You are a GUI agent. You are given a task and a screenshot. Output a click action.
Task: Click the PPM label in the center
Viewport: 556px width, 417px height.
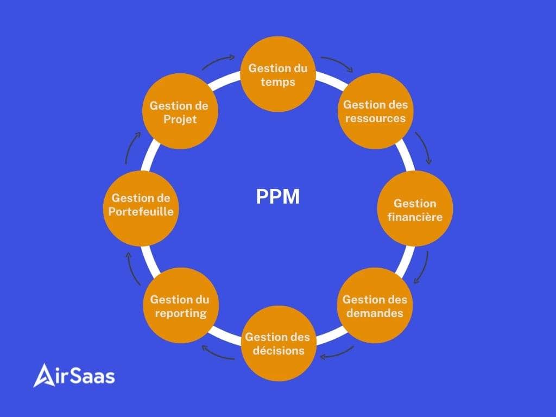click(x=277, y=197)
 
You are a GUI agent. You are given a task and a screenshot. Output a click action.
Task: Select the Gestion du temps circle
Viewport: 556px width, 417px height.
click(x=278, y=74)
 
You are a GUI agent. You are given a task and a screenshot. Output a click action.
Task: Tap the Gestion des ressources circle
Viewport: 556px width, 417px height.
click(x=376, y=111)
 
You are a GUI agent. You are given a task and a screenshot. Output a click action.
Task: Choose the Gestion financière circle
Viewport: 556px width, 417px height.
click(x=415, y=208)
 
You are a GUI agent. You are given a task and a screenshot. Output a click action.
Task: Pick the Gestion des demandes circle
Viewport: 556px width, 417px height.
click(x=375, y=305)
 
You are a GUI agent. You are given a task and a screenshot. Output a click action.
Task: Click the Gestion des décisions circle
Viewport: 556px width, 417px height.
click(x=279, y=343)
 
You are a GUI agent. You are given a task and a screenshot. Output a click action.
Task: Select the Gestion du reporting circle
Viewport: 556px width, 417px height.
click(x=181, y=305)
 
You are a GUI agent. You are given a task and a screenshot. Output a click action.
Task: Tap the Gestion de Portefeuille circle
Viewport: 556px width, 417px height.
click(x=141, y=208)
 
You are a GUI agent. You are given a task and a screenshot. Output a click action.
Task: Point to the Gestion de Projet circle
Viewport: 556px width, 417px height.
click(x=180, y=111)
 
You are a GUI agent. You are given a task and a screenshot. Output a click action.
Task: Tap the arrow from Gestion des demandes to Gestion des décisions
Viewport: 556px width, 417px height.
click(x=337, y=355)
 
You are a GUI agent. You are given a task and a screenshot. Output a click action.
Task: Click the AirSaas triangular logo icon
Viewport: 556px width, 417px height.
click(x=45, y=375)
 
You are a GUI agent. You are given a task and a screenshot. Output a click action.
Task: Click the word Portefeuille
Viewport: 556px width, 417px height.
click(x=141, y=212)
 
